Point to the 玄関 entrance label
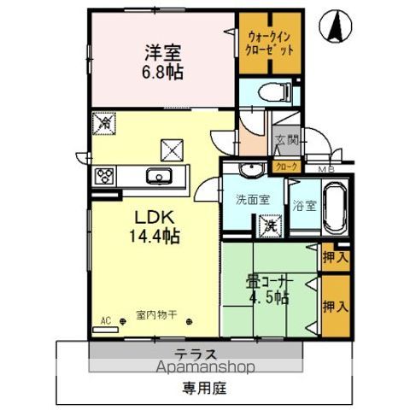(x=284, y=142)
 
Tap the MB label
(x=325, y=169)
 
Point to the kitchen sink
(x=160, y=178)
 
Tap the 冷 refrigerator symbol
(x=102, y=123)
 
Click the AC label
(x=107, y=322)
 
